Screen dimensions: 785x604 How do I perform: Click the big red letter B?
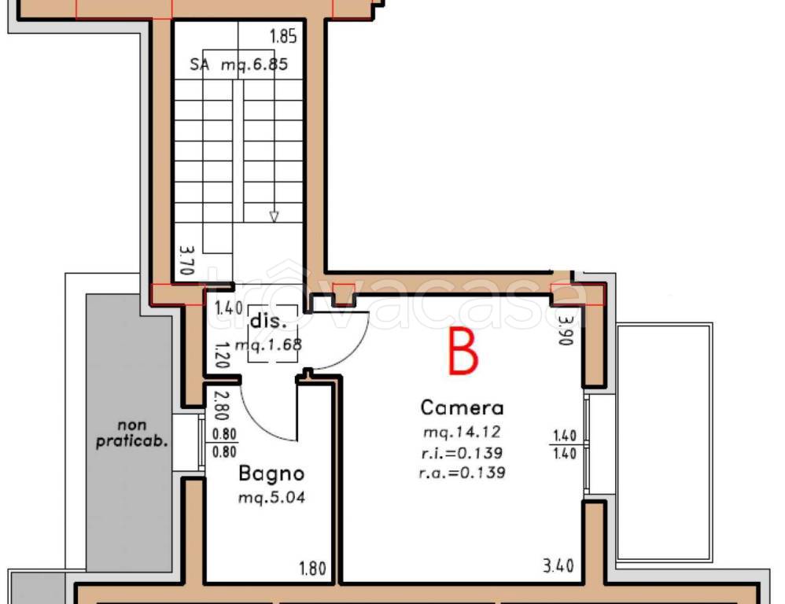point(463,352)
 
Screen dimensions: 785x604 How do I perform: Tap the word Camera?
point(462,407)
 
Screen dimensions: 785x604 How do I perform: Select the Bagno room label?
point(271,474)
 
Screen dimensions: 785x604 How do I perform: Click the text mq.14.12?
point(462,431)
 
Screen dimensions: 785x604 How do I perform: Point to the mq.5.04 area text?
point(271,497)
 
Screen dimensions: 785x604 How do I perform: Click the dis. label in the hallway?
point(268,321)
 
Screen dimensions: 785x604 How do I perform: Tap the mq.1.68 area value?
point(268,344)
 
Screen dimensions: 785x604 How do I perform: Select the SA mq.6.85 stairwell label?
point(239,64)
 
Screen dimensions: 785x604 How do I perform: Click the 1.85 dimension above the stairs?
point(283,36)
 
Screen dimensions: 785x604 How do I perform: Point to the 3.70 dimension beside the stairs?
point(186,260)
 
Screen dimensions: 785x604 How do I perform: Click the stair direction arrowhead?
point(274,216)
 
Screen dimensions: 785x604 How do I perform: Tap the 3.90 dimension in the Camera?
point(566,330)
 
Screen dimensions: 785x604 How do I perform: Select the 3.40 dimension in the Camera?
point(558,566)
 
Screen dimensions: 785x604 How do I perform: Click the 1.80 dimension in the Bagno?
point(312,569)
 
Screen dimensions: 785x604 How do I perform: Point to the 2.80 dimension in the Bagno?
point(221,405)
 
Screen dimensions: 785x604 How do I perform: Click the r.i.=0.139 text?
point(462,453)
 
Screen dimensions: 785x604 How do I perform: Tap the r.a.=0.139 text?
point(462,473)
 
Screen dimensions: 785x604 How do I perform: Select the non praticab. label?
point(131,434)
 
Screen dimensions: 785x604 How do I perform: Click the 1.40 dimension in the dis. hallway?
point(229,308)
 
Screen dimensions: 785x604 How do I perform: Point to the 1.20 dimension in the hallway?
point(222,355)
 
